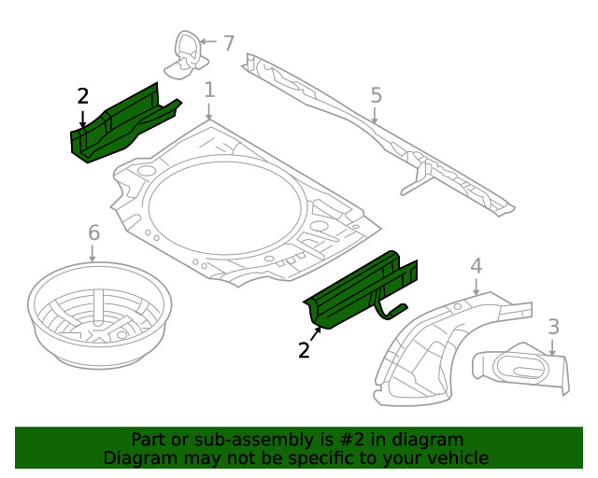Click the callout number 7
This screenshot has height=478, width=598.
pos(229,42)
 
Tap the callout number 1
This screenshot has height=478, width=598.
pos(209,91)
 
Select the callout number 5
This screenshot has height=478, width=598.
pos(376,95)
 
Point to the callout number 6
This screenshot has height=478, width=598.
pos(93,232)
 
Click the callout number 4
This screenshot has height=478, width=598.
pos(476,266)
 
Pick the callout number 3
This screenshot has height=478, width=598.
pos(553,327)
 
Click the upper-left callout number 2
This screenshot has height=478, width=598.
pos(83,96)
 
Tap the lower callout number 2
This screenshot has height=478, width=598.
pos(304,350)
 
